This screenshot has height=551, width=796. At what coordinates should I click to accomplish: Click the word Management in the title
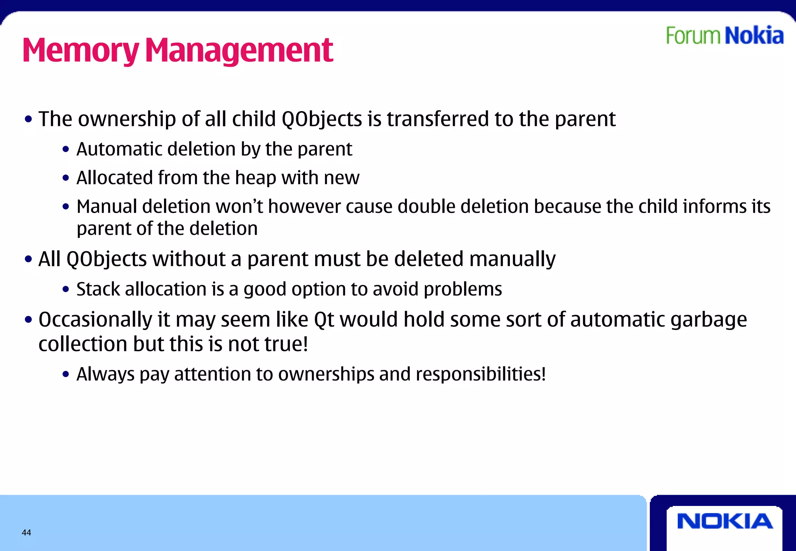coord(239,51)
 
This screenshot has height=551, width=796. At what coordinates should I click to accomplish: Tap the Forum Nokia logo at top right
coord(724,36)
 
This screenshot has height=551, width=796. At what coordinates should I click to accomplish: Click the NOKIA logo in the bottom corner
coord(724,521)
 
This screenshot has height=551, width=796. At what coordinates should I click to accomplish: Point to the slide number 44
coord(26,532)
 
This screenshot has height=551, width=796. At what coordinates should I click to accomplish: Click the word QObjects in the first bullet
coord(321,119)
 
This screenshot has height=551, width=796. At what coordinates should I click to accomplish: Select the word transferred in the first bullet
coord(438,119)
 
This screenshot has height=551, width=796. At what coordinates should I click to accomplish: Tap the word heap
coord(256,178)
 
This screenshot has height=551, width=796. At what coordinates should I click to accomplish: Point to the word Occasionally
coord(95,320)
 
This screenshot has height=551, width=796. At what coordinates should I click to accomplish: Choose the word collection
coord(83,344)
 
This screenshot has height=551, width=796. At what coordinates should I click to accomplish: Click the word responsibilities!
coord(481,374)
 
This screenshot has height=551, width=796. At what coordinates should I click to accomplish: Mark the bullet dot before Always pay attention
coord(66,375)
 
